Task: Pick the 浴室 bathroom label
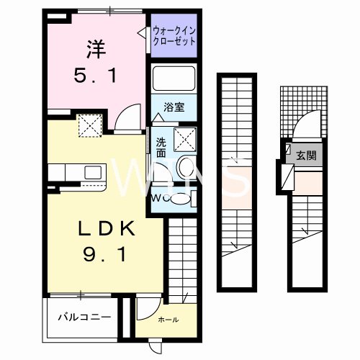click(x=175, y=107)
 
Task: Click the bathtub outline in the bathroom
click(x=174, y=78)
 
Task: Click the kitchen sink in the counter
click(x=93, y=172)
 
